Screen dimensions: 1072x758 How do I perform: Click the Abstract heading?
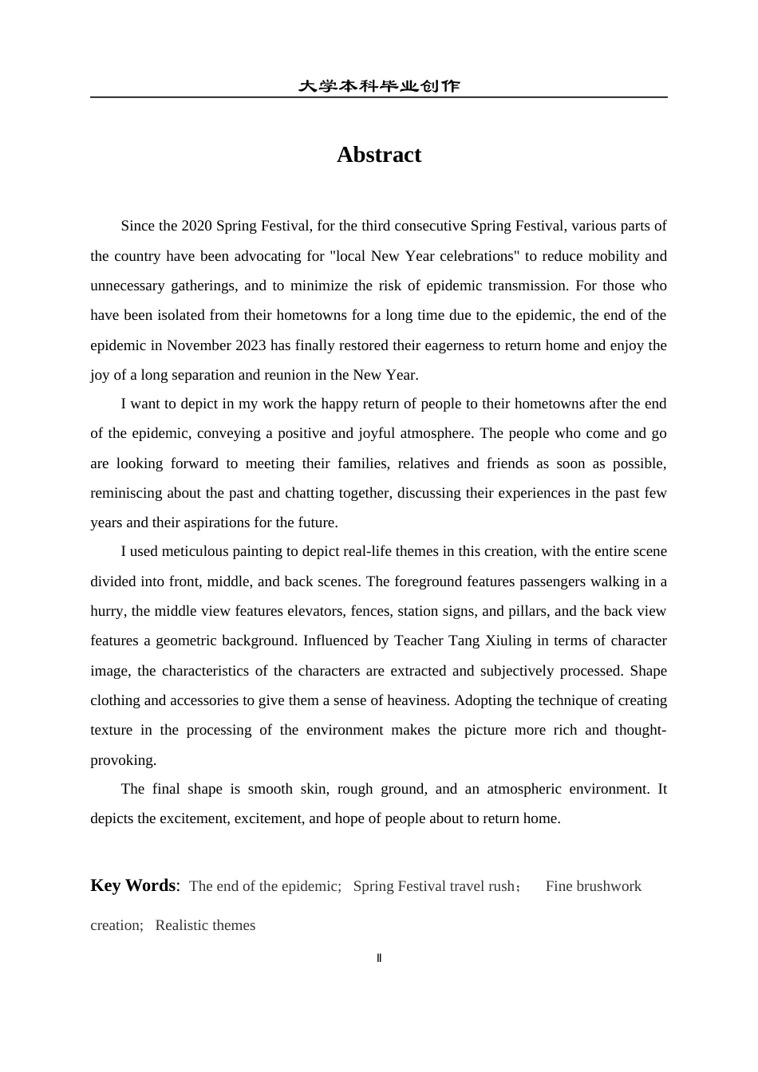pos(378,155)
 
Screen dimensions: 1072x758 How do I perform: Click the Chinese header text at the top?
pos(378,86)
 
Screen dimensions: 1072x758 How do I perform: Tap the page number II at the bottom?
pos(379,958)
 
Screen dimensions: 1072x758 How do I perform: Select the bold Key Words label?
pos(133,885)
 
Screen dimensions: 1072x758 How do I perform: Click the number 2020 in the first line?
pos(196,226)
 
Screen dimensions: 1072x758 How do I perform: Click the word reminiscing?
pos(126,493)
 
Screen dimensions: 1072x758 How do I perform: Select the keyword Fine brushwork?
pos(593,886)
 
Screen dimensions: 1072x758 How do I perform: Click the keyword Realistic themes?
pos(205,925)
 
